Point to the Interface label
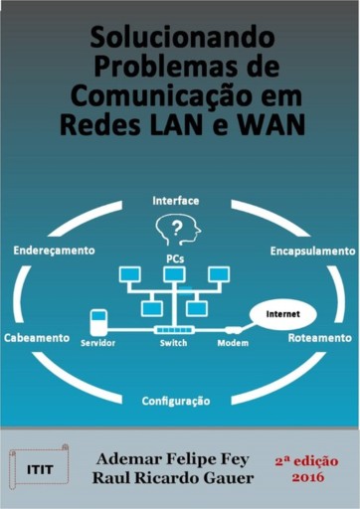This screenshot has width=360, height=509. click(x=175, y=200)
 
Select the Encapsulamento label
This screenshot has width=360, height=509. click(x=312, y=251)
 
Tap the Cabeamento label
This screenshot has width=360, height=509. click(x=36, y=337)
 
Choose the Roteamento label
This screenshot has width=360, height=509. click(x=319, y=337)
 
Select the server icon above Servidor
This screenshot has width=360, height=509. click(x=97, y=323)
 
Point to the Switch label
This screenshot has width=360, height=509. click(x=173, y=343)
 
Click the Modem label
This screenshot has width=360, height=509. click(x=233, y=343)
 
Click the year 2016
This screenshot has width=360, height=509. click(x=308, y=478)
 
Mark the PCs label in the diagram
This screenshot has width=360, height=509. click(x=174, y=257)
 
